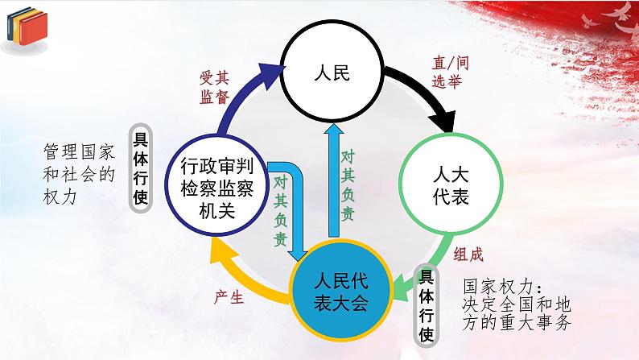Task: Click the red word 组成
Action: (467, 254)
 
